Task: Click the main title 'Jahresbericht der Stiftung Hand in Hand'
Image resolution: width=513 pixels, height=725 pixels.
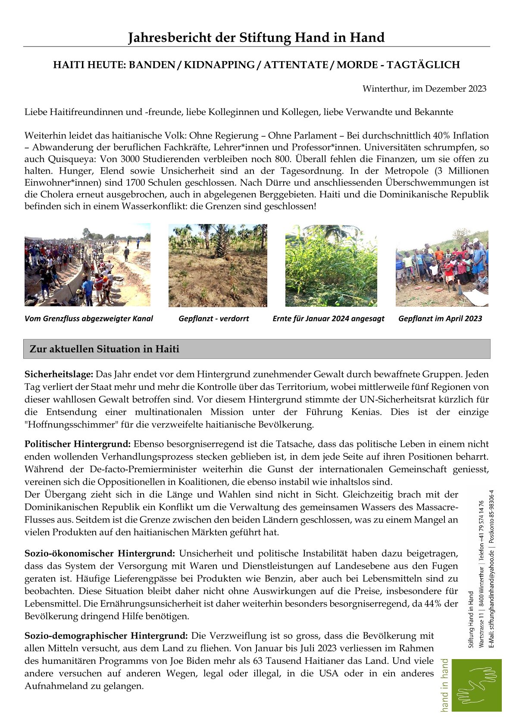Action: pos(256,38)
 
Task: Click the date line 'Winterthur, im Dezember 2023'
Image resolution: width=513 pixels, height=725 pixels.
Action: pos(424,89)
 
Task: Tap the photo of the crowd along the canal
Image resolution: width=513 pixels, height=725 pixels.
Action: pos(88,265)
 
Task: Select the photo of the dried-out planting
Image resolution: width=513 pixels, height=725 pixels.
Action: pos(218,265)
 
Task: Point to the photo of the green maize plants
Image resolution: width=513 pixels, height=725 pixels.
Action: pos(331,265)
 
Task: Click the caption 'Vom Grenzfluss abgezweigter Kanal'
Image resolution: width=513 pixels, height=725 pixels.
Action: pos(89,319)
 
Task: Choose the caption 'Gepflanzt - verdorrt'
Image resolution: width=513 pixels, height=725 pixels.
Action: pos(214,319)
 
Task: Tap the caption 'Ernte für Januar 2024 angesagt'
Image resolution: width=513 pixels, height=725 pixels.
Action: pos(328,319)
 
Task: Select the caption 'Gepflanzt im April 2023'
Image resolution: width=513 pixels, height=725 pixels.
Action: pos(440,319)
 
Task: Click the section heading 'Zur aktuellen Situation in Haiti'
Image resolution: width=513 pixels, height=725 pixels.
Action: pos(104,349)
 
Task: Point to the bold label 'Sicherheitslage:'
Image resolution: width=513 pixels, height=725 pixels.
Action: pos(59,374)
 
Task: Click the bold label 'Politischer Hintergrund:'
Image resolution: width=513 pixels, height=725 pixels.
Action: pos(78,444)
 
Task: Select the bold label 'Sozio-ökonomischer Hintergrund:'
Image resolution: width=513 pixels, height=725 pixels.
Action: pos(100,554)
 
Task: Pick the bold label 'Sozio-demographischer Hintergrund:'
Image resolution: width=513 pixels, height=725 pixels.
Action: pos(106,636)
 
